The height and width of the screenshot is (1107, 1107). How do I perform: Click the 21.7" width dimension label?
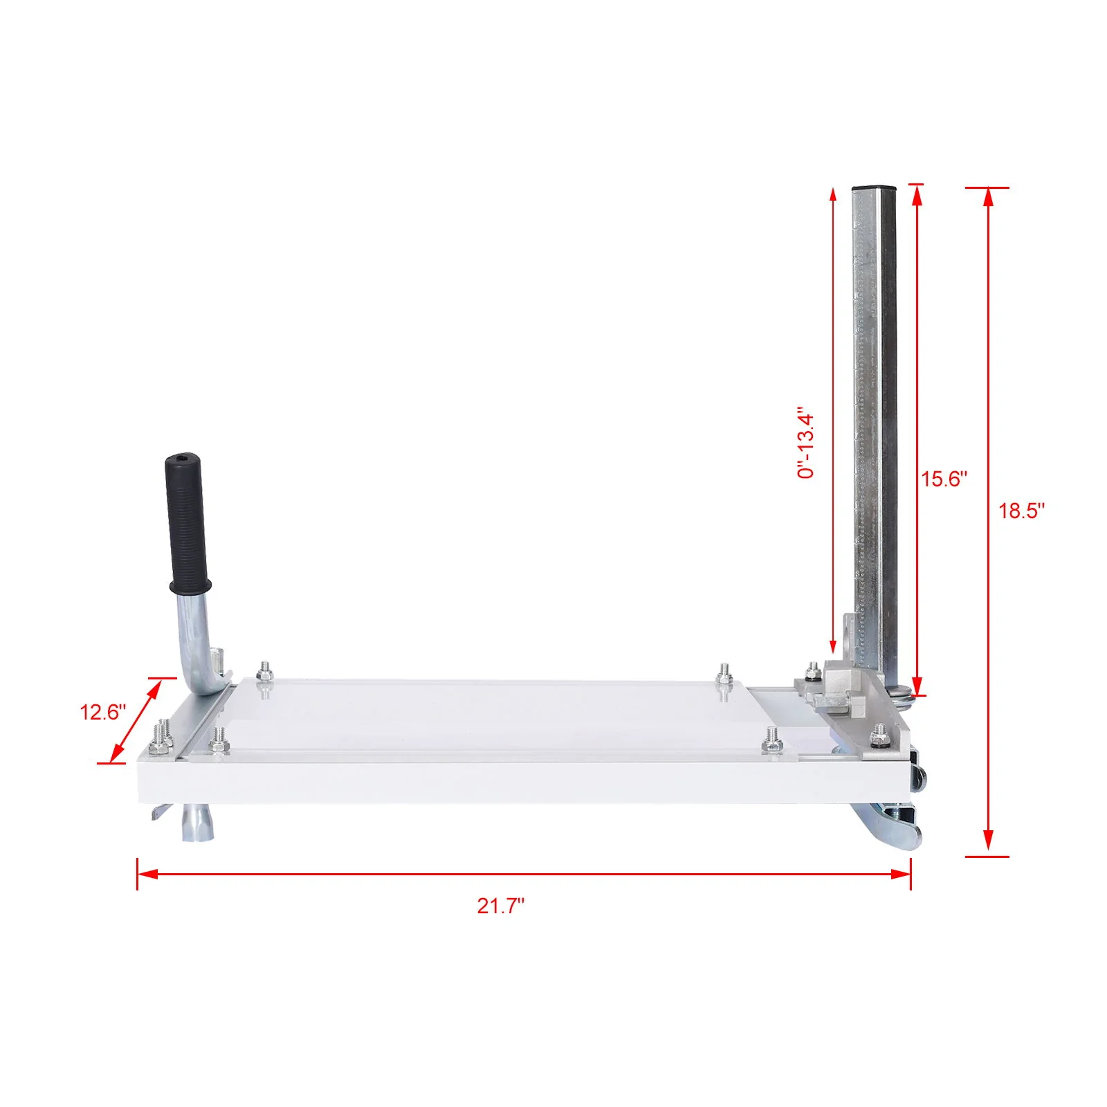tap(500, 906)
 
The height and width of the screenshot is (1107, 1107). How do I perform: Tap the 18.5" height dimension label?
tap(1021, 511)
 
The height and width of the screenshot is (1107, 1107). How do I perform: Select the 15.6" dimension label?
tap(944, 479)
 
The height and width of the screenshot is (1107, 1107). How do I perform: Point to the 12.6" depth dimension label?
tap(102, 712)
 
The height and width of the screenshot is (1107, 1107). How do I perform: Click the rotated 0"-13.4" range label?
tap(806, 443)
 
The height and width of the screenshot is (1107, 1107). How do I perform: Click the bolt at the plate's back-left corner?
tap(264, 670)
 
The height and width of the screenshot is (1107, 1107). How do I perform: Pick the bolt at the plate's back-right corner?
tap(724, 672)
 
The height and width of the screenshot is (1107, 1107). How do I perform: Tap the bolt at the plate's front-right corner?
tap(772, 739)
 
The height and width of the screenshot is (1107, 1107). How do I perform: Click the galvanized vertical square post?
tap(874, 415)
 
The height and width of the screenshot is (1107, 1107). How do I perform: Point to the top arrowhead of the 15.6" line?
tap(917, 195)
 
